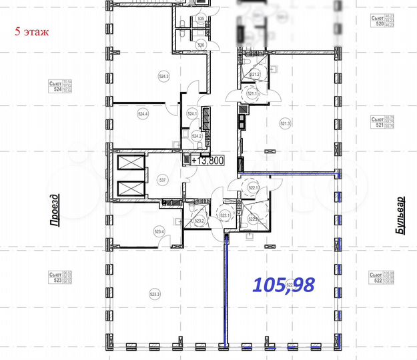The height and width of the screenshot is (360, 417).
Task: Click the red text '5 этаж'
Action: tap(33, 31)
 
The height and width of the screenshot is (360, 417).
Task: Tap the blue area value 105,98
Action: tap(284, 285)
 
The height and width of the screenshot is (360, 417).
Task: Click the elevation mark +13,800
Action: tap(207, 160)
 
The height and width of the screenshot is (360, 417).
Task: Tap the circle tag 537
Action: tap(161, 180)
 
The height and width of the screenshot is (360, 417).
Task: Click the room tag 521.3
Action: tap(285, 123)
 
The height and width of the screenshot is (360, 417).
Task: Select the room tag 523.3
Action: tap(155, 293)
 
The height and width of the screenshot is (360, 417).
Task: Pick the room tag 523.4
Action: tap(159, 231)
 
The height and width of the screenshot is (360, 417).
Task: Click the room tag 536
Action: tap(201, 45)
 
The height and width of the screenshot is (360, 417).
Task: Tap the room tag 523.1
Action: tap(224, 215)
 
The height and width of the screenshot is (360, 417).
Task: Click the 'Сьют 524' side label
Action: tap(59, 85)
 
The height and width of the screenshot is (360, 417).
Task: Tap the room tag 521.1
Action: tap(252, 94)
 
